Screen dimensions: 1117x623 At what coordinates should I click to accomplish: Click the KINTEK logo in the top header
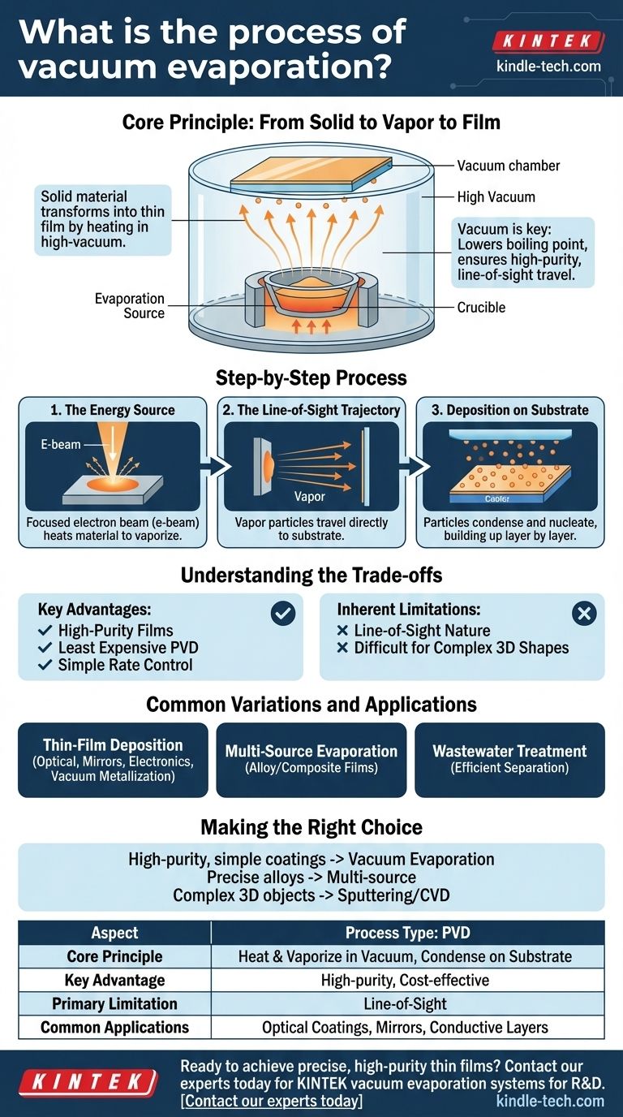tap(548, 41)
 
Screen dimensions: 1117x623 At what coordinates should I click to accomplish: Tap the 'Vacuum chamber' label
tap(508, 166)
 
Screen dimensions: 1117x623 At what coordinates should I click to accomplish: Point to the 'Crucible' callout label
tap(480, 308)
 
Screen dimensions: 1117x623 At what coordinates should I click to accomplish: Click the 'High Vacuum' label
tap(496, 196)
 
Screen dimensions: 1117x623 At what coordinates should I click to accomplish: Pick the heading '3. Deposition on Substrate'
tap(509, 410)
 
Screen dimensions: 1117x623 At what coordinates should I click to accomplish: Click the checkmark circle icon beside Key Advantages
tap(282, 614)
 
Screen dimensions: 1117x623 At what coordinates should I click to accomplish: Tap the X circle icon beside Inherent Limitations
tap(583, 614)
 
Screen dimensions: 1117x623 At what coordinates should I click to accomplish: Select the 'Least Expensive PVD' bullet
tap(128, 648)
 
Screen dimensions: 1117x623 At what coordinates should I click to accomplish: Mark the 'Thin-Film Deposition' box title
tap(113, 744)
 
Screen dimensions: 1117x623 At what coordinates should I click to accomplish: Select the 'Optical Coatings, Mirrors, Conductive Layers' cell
tap(405, 1027)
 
